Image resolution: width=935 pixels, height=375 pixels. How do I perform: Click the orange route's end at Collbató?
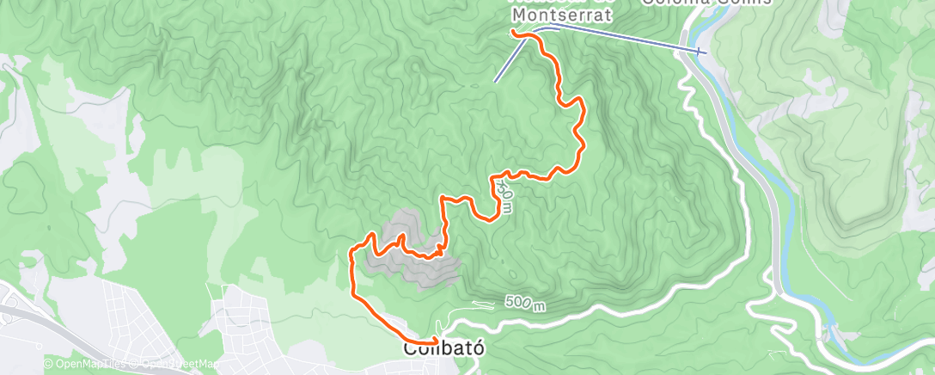[436, 341]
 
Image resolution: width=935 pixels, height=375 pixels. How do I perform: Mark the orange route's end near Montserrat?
[513, 32]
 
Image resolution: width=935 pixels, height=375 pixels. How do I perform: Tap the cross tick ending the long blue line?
[703, 51]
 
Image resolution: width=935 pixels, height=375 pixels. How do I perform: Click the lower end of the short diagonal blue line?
[495, 81]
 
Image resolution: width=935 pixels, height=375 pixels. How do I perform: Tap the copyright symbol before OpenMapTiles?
[48, 364]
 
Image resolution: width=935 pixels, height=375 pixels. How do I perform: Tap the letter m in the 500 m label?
[539, 306]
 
